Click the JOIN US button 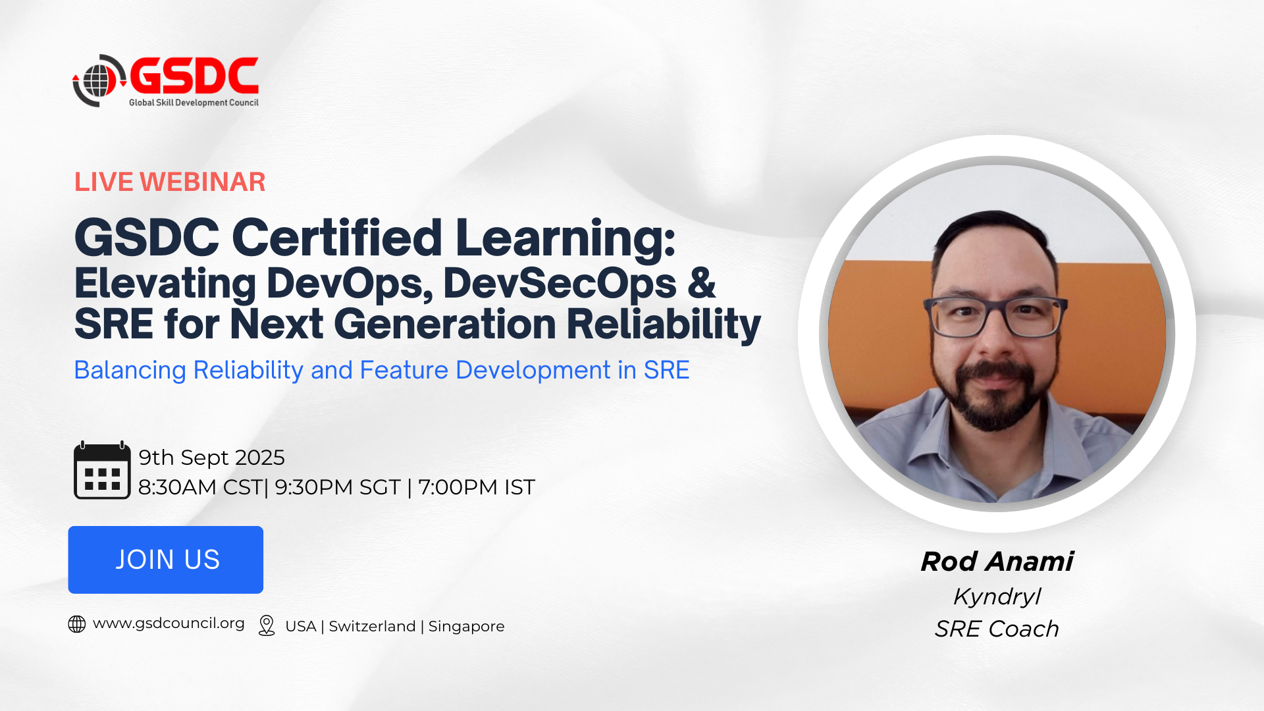[x=166, y=560]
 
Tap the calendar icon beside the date [x=102, y=470]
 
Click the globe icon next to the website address [x=77, y=624]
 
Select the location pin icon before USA [x=267, y=625]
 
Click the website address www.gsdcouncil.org [x=169, y=623]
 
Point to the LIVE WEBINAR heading [x=170, y=182]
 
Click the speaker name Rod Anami [x=997, y=562]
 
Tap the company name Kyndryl [x=997, y=596]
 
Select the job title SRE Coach [x=997, y=629]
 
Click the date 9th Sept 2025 [x=211, y=458]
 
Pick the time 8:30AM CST [x=200, y=487]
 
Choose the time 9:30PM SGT [x=338, y=487]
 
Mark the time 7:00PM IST [x=477, y=487]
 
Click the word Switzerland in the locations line [x=372, y=626]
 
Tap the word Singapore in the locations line [x=466, y=627]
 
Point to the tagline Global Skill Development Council [x=194, y=103]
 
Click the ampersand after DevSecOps [x=702, y=284]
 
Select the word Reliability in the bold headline [x=664, y=325]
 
